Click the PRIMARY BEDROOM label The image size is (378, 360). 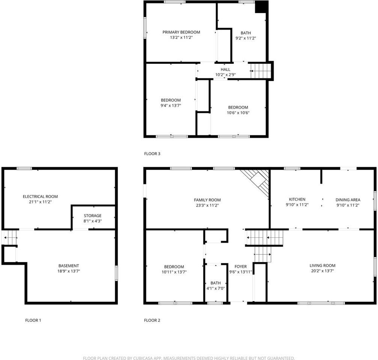coord(181,32)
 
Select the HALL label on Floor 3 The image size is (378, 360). coord(225,69)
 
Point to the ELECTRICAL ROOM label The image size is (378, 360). coord(40,196)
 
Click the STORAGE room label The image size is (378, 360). coord(92,216)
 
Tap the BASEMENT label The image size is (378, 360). coord(69,266)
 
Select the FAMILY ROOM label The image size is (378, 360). coord(207,200)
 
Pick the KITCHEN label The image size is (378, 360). coord(297,199)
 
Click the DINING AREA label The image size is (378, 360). coord(348,200)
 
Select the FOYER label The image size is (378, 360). coord(240,267)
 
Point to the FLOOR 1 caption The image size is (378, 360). coord(33,320)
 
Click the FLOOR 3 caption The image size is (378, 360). coord(152,154)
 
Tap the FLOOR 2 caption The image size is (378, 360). coord(152,320)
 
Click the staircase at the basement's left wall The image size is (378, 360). coord(10,237)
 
